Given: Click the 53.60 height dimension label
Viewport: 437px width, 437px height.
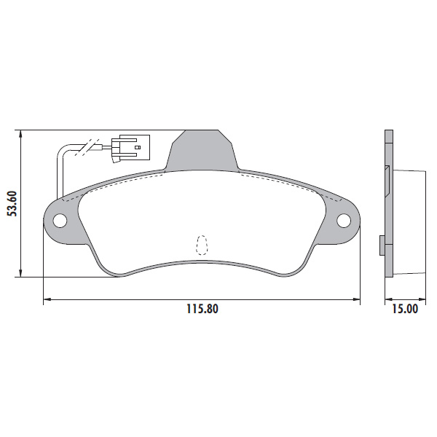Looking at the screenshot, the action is click(x=12, y=204).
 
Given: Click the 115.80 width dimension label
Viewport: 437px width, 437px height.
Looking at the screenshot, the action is click(x=202, y=309).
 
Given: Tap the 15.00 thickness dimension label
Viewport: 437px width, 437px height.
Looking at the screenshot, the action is click(x=405, y=309).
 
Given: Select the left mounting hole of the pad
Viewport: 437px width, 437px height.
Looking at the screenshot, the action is click(x=60, y=221).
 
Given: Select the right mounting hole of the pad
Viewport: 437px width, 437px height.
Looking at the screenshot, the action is click(x=344, y=221).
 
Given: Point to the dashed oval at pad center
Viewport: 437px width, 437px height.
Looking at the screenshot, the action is click(x=202, y=245).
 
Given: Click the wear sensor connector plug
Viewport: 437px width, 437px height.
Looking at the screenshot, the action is click(x=130, y=148).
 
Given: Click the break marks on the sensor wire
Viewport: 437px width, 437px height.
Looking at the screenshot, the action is click(x=87, y=147).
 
